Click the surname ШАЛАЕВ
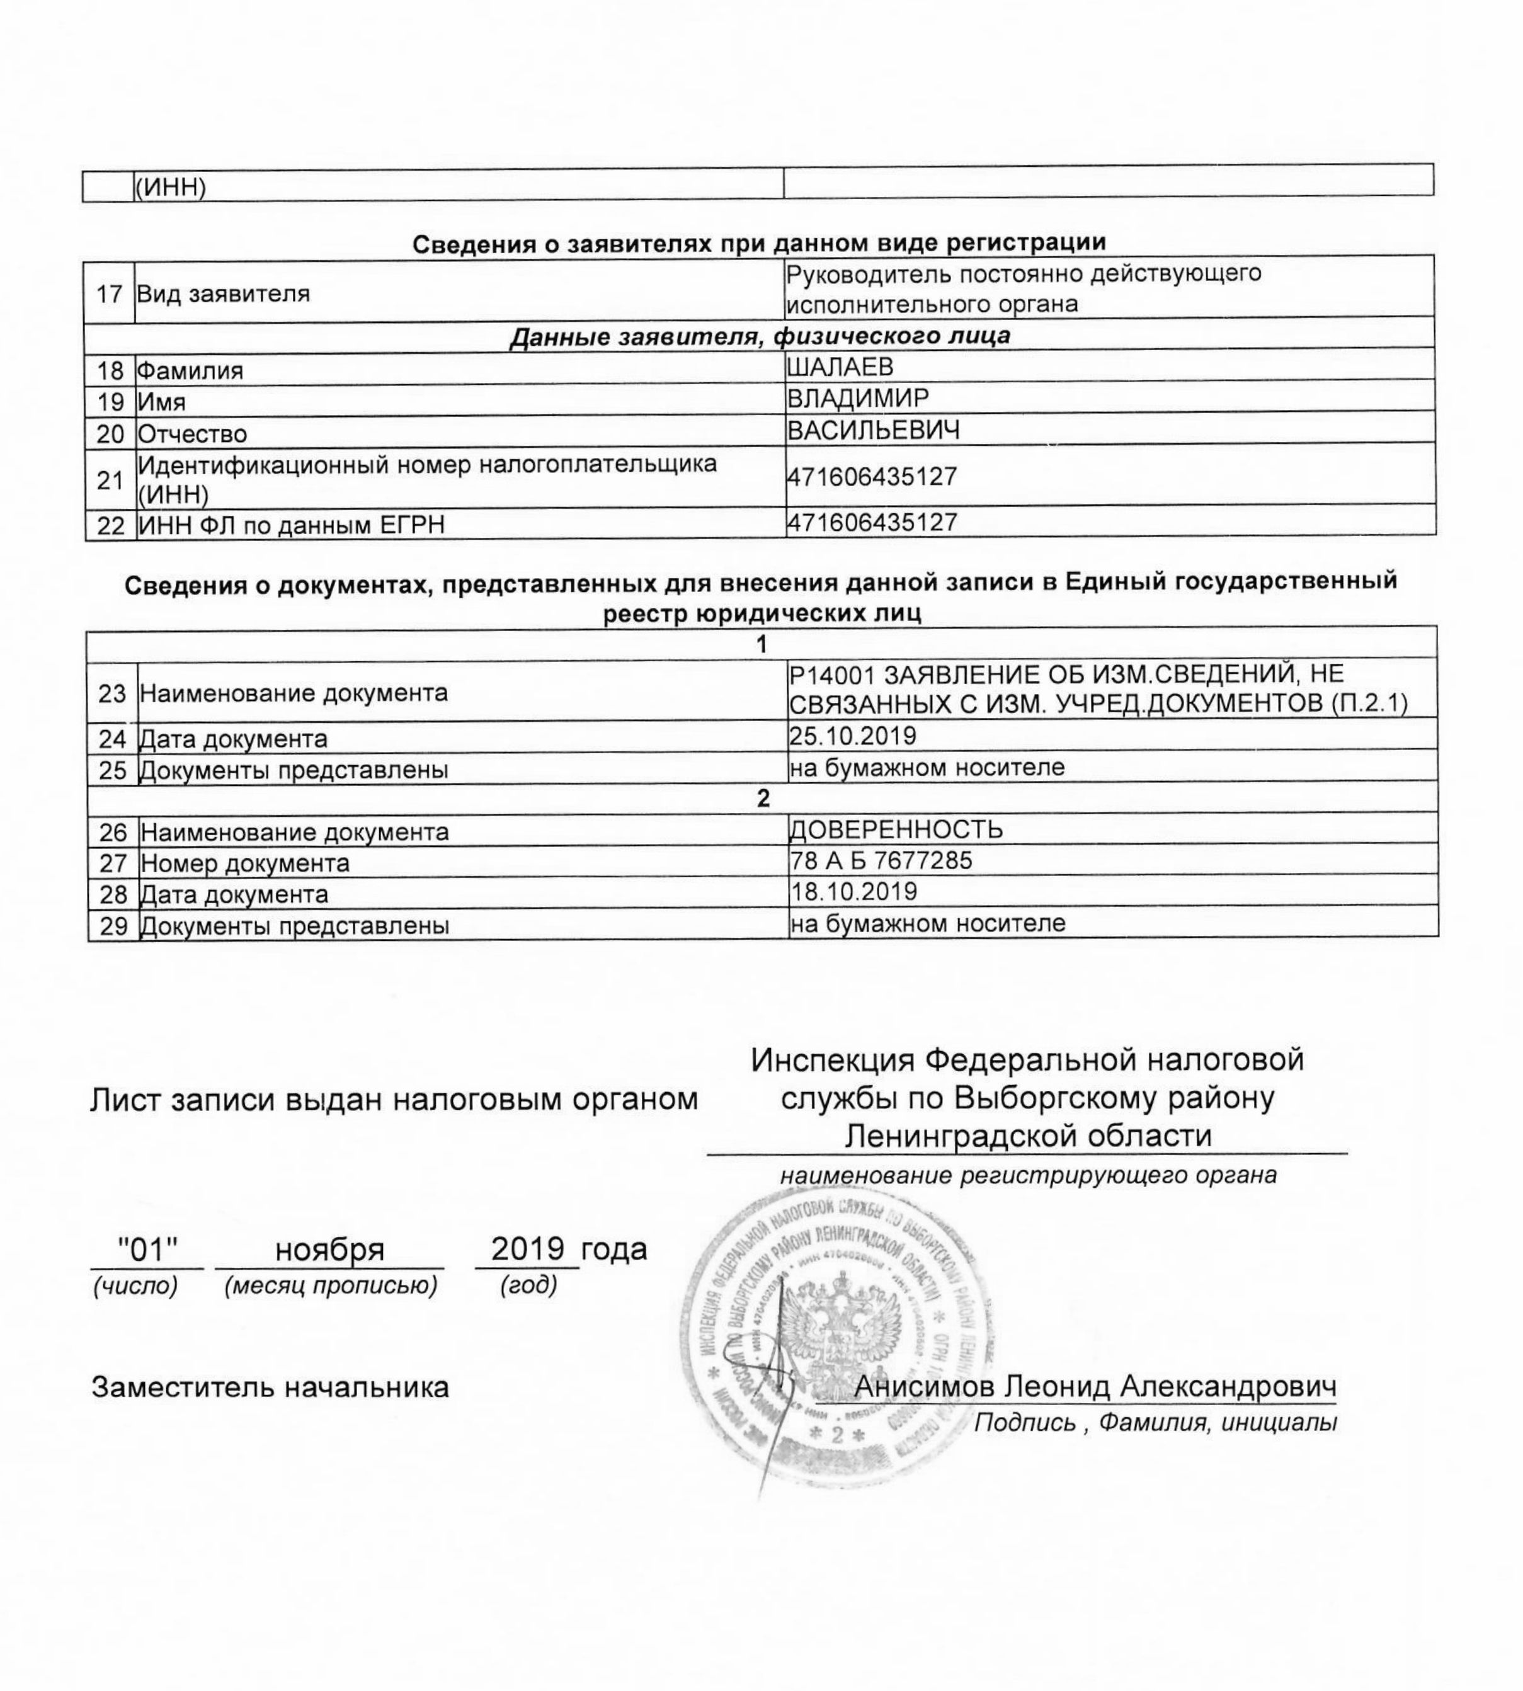point(840,367)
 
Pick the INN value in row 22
point(872,523)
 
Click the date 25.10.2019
point(853,736)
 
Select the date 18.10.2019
point(853,891)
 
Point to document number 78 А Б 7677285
point(881,860)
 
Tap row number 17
point(110,295)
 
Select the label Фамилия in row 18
point(190,371)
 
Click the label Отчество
point(193,435)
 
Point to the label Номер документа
point(244,863)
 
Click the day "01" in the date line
point(147,1250)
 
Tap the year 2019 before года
point(527,1248)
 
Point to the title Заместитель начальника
point(270,1387)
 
